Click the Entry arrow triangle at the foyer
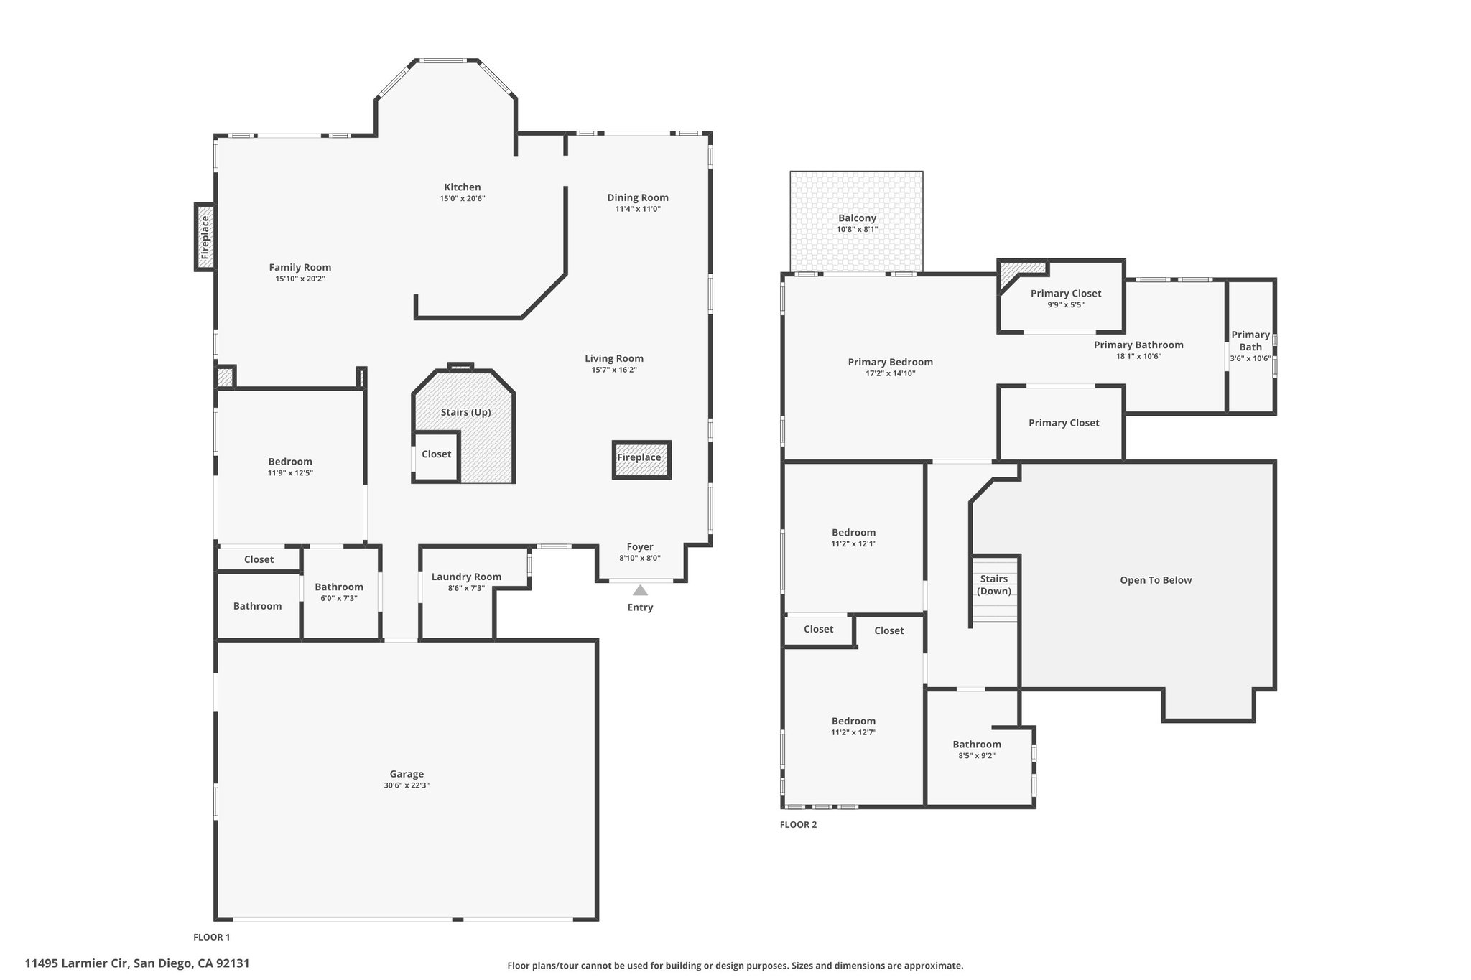640,590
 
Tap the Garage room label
407,774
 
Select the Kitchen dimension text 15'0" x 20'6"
463,198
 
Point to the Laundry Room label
466,577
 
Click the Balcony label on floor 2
857,218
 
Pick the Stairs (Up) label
465,412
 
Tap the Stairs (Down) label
994,584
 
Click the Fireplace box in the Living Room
641,459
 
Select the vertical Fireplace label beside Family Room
205,237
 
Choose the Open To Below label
1156,580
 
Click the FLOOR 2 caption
798,824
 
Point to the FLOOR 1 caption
212,937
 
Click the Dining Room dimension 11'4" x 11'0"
638,209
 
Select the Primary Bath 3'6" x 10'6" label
1250,346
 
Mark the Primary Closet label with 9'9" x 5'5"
1066,299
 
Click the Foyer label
640,547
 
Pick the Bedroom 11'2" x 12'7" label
854,727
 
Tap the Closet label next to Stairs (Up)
437,454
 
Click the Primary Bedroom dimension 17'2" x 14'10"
891,373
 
